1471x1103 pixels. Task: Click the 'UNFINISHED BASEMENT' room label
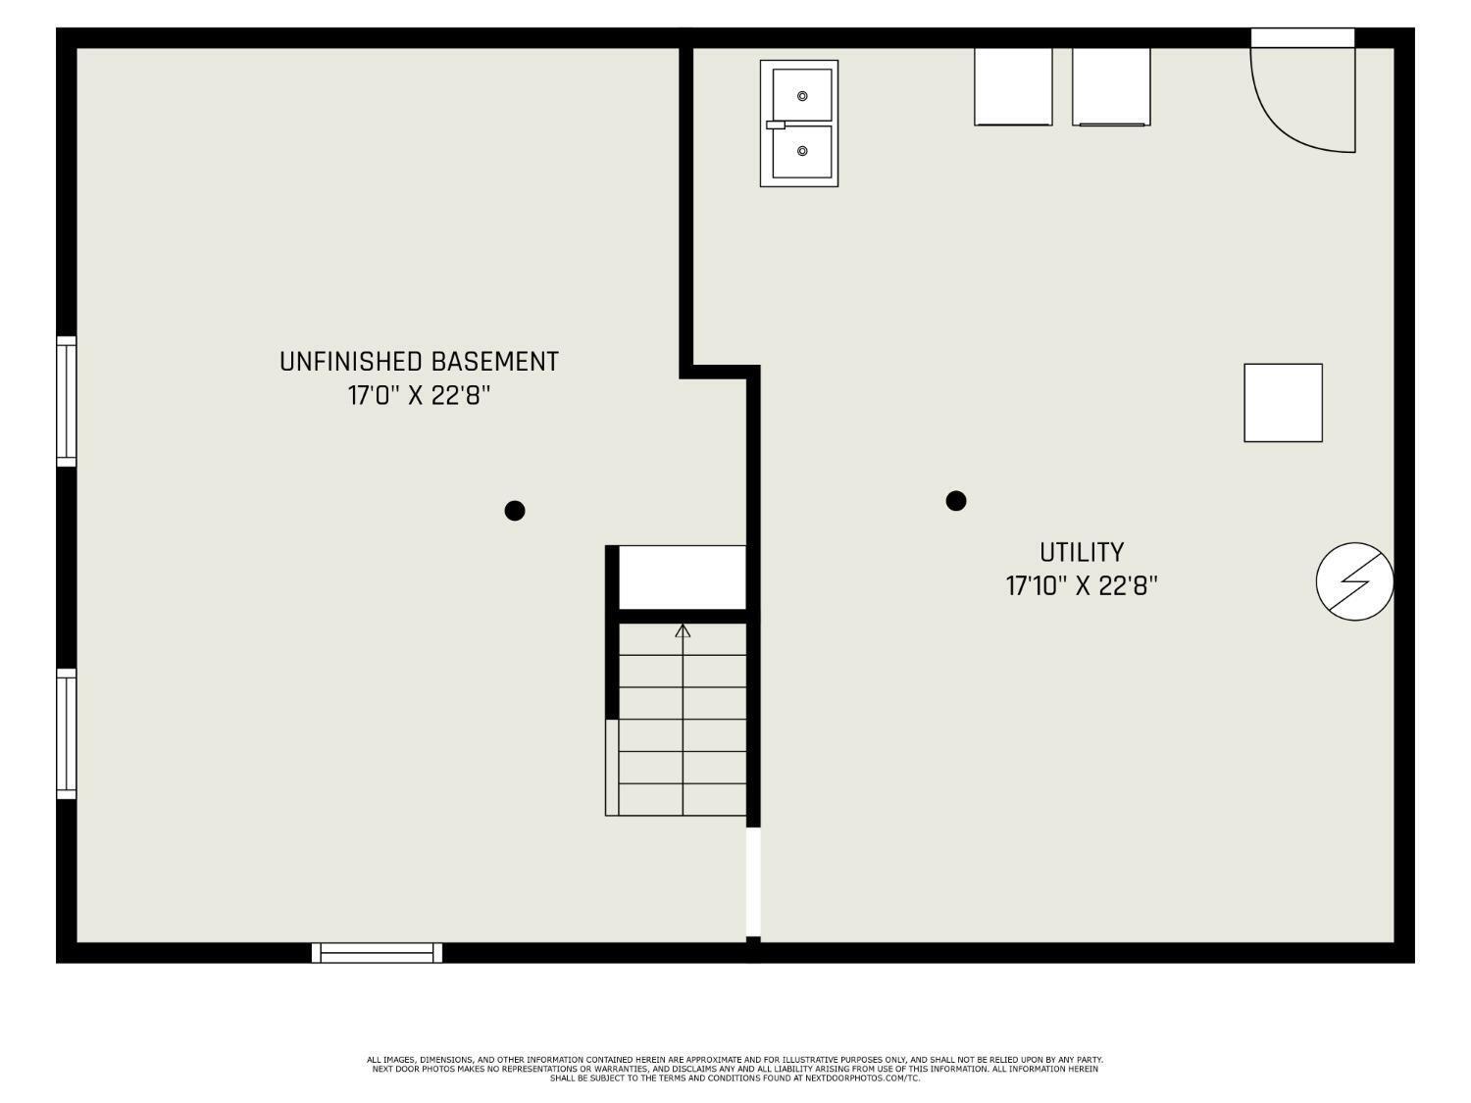click(x=419, y=362)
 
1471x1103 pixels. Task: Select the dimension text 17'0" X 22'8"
click(x=419, y=396)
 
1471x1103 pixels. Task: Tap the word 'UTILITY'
click(x=1082, y=553)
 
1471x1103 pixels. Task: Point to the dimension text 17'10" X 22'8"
click(x=1082, y=586)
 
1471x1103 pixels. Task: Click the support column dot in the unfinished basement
click(x=515, y=511)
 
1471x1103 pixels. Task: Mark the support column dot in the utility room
click(x=955, y=501)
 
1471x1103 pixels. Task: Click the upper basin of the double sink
click(x=802, y=95)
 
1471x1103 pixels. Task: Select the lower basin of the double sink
click(x=802, y=151)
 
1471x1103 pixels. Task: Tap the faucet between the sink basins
click(x=776, y=125)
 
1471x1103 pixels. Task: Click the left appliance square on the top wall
click(x=1013, y=86)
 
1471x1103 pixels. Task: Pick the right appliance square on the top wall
click(x=1111, y=86)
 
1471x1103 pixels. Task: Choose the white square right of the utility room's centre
click(x=1284, y=403)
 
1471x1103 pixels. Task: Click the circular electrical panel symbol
click(x=1355, y=581)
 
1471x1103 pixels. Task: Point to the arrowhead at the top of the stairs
click(x=683, y=630)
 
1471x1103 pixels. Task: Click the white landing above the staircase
click(x=683, y=577)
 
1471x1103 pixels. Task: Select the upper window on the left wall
click(x=67, y=401)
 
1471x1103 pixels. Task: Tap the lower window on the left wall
click(x=67, y=734)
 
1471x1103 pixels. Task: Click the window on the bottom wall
click(x=377, y=953)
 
